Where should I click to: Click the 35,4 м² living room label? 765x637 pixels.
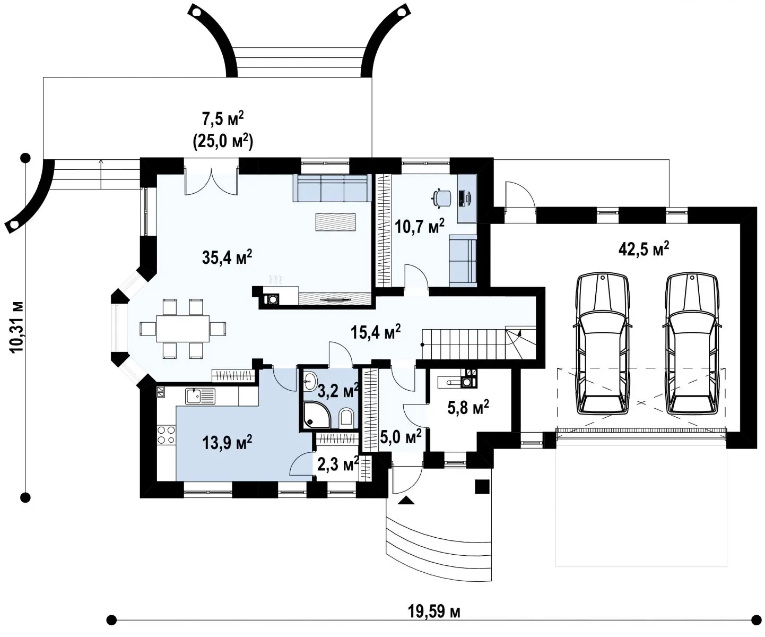227,257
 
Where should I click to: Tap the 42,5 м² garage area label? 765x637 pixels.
644,249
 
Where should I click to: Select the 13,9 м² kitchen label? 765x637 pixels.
227,443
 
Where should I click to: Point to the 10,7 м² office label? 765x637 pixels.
420,226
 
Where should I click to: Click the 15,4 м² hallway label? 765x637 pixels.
376,332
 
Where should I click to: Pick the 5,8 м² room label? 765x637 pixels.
468,407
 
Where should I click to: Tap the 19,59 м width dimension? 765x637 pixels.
434,612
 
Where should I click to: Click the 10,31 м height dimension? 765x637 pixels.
17,327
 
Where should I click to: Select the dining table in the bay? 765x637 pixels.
183,329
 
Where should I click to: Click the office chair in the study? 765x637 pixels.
441,199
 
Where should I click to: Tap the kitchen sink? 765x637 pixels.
200,397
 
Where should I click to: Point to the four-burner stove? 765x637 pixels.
166,435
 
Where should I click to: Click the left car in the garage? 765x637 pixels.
603,345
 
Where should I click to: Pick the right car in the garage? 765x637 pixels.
692,345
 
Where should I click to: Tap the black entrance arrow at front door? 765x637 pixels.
406,500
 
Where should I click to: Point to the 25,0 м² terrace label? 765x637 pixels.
223,141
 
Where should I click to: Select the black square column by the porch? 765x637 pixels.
482,487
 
